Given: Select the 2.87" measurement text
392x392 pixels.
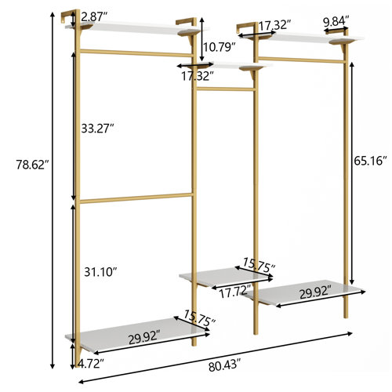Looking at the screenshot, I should (93, 16).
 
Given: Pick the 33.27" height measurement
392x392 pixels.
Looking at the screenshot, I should (99, 125).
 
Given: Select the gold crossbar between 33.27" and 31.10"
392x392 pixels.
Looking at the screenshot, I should (133, 197).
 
